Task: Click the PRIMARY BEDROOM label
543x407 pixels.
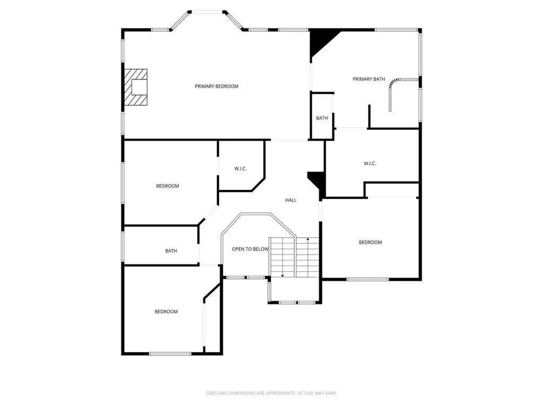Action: [216, 86]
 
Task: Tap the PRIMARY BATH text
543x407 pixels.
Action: [369, 79]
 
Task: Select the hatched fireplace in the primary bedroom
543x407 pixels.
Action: [136, 89]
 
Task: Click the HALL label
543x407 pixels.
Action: [291, 200]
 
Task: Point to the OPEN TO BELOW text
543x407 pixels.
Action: [250, 249]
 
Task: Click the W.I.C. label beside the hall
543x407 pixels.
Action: [241, 169]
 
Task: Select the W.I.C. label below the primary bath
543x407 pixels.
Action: [370, 164]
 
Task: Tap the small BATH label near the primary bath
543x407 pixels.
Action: [322, 118]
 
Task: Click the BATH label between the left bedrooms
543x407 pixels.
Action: [171, 251]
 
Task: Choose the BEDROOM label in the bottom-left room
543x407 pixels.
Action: [166, 312]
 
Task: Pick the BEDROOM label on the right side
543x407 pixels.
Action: [370, 242]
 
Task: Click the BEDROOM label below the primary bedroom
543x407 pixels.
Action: [167, 186]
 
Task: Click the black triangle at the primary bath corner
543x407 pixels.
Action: [320, 40]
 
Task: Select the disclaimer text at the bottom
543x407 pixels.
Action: [271, 393]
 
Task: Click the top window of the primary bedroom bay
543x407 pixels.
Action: [206, 12]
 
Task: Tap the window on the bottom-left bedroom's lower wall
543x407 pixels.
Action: [170, 353]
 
